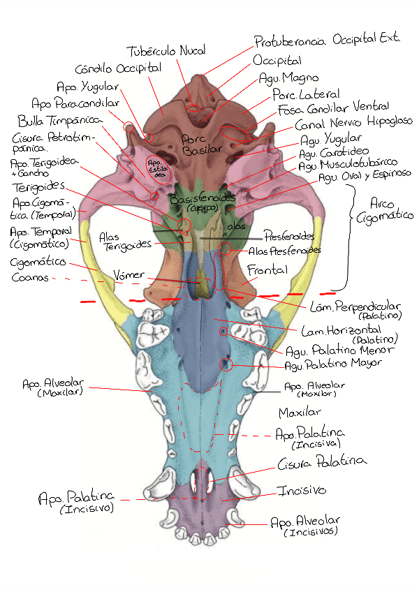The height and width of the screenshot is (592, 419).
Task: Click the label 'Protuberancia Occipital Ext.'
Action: (x=326, y=40)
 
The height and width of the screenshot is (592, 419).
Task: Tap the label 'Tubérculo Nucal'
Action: (x=166, y=52)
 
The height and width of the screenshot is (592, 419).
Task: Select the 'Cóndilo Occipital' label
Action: (x=118, y=68)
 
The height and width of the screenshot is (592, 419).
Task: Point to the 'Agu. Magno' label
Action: (x=288, y=77)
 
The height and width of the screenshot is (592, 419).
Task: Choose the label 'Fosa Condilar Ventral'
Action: (x=333, y=108)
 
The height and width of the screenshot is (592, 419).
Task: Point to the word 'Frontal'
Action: (x=267, y=269)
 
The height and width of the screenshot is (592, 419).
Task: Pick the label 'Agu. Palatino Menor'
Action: (x=328, y=350)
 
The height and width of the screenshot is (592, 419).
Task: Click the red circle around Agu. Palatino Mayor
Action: (x=226, y=364)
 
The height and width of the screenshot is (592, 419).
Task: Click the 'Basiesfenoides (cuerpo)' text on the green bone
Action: (x=193, y=202)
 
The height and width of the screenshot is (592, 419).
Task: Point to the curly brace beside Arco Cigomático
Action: (x=346, y=237)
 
